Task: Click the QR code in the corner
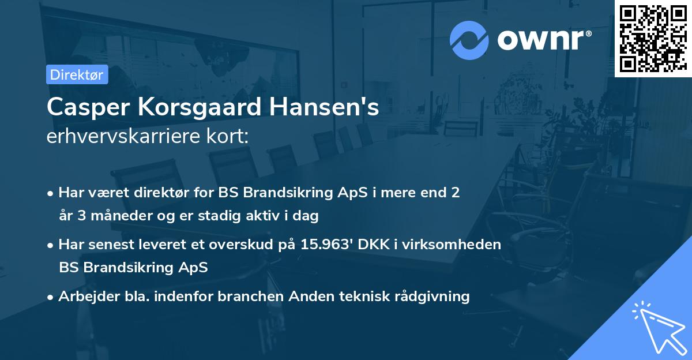tap(653, 38)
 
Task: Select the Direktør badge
tap(77, 74)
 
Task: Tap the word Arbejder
tap(84, 297)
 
